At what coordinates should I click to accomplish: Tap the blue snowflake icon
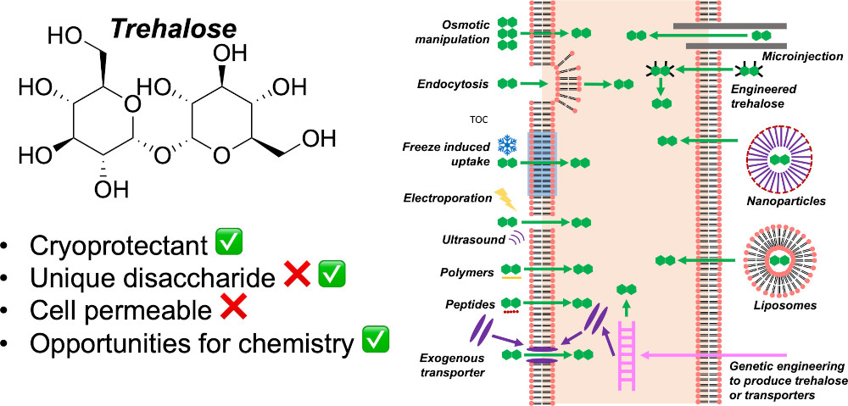point(507,143)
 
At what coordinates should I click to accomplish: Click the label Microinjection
point(803,57)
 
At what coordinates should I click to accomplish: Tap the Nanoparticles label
point(784,201)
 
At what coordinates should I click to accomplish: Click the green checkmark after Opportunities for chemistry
point(376,341)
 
